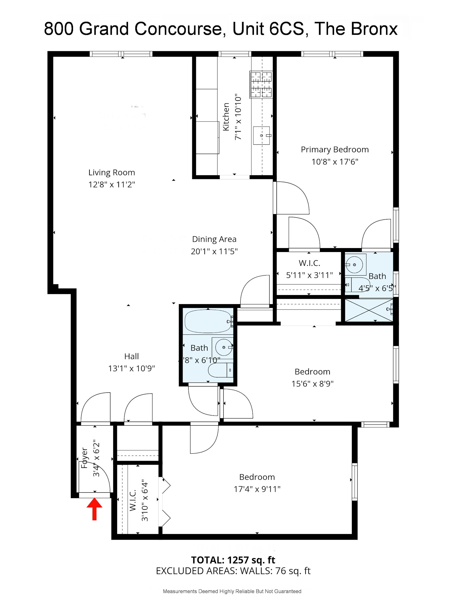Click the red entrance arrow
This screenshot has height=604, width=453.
pyautogui.click(x=94, y=510)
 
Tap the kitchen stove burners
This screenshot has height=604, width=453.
pyautogui.click(x=261, y=84)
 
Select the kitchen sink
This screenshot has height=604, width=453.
pyautogui.click(x=261, y=135)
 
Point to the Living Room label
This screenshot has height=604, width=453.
pyautogui.click(x=112, y=172)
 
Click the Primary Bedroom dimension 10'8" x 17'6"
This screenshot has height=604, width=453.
pyautogui.click(x=335, y=162)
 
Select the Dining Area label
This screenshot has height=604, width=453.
pyautogui.click(x=214, y=239)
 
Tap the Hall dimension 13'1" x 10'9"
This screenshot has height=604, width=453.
pyautogui.click(x=131, y=368)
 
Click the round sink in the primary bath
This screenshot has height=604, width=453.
pyautogui.click(x=354, y=265)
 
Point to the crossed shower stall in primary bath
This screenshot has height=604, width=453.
pyautogui.click(x=369, y=310)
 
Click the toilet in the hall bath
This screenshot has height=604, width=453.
pyautogui.click(x=219, y=370)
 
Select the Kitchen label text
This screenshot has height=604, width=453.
pyautogui.click(x=226, y=117)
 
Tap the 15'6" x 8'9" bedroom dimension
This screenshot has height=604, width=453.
pyautogui.click(x=312, y=384)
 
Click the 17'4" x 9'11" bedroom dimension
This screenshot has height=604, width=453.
pyautogui.click(x=257, y=489)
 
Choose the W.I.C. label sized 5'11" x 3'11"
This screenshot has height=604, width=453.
pyautogui.click(x=309, y=263)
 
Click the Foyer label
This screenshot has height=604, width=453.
pyautogui.click(x=84, y=458)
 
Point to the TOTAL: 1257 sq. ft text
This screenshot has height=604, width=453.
pyautogui.click(x=233, y=560)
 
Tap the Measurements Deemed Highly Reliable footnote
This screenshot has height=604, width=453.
pyautogui.click(x=232, y=591)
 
